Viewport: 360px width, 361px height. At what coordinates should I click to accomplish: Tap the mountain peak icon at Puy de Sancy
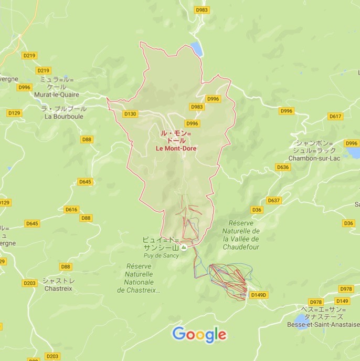click(184, 248)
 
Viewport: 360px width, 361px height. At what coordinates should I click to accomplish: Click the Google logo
click(199, 334)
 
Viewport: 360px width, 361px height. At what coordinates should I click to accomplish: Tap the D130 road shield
click(130, 114)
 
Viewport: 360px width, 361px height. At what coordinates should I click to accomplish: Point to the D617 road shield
click(335, 116)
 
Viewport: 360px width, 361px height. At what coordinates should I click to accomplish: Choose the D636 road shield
click(283, 167)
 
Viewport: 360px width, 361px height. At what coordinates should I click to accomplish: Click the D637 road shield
click(273, 200)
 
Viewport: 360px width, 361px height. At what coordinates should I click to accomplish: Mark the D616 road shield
click(71, 209)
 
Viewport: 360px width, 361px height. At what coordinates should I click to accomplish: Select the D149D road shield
click(259, 295)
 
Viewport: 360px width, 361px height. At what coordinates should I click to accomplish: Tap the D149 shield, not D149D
click(342, 301)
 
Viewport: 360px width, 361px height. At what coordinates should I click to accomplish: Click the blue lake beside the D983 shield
click(197, 48)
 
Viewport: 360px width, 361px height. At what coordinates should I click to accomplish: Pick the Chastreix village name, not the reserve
click(58, 288)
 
